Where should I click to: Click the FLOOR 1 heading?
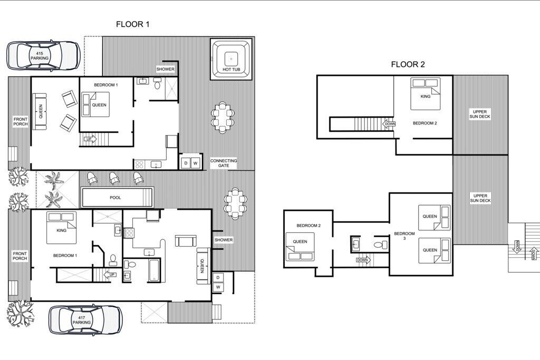(x=132, y=24)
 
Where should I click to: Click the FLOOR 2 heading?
(x=408, y=64)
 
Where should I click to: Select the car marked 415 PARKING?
(x=44, y=56)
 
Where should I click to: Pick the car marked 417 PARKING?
(x=85, y=320)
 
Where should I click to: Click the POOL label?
(x=115, y=198)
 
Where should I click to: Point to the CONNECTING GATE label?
(x=224, y=163)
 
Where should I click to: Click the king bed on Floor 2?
(x=426, y=94)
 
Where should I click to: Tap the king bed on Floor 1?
(x=61, y=228)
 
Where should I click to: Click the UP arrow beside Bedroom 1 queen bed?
(x=90, y=139)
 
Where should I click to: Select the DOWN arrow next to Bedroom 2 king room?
(x=389, y=124)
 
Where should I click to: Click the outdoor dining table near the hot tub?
(x=223, y=117)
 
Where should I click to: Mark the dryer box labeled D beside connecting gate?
(x=186, y=163)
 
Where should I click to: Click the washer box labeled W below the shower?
(x=218, y=287)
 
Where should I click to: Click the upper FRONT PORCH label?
(x=21, y=121)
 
